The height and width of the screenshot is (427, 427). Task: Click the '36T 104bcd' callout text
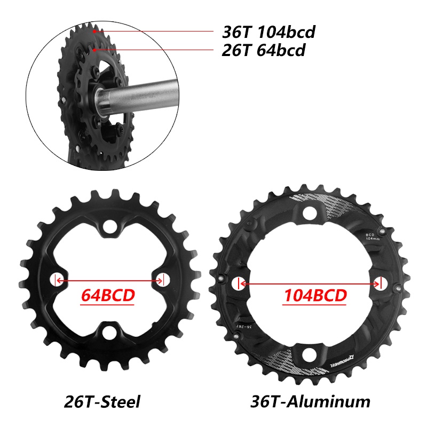[268, 32]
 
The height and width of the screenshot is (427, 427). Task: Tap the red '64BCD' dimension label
[107, 295]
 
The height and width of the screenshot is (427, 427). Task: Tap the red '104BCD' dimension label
[314, 295]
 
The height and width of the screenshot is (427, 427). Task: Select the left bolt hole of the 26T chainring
[56, 280]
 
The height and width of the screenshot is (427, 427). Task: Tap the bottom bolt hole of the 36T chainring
[310, 353]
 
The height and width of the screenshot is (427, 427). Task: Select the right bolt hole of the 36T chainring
[380, 283]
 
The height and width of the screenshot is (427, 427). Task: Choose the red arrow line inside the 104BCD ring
[310, 283]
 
